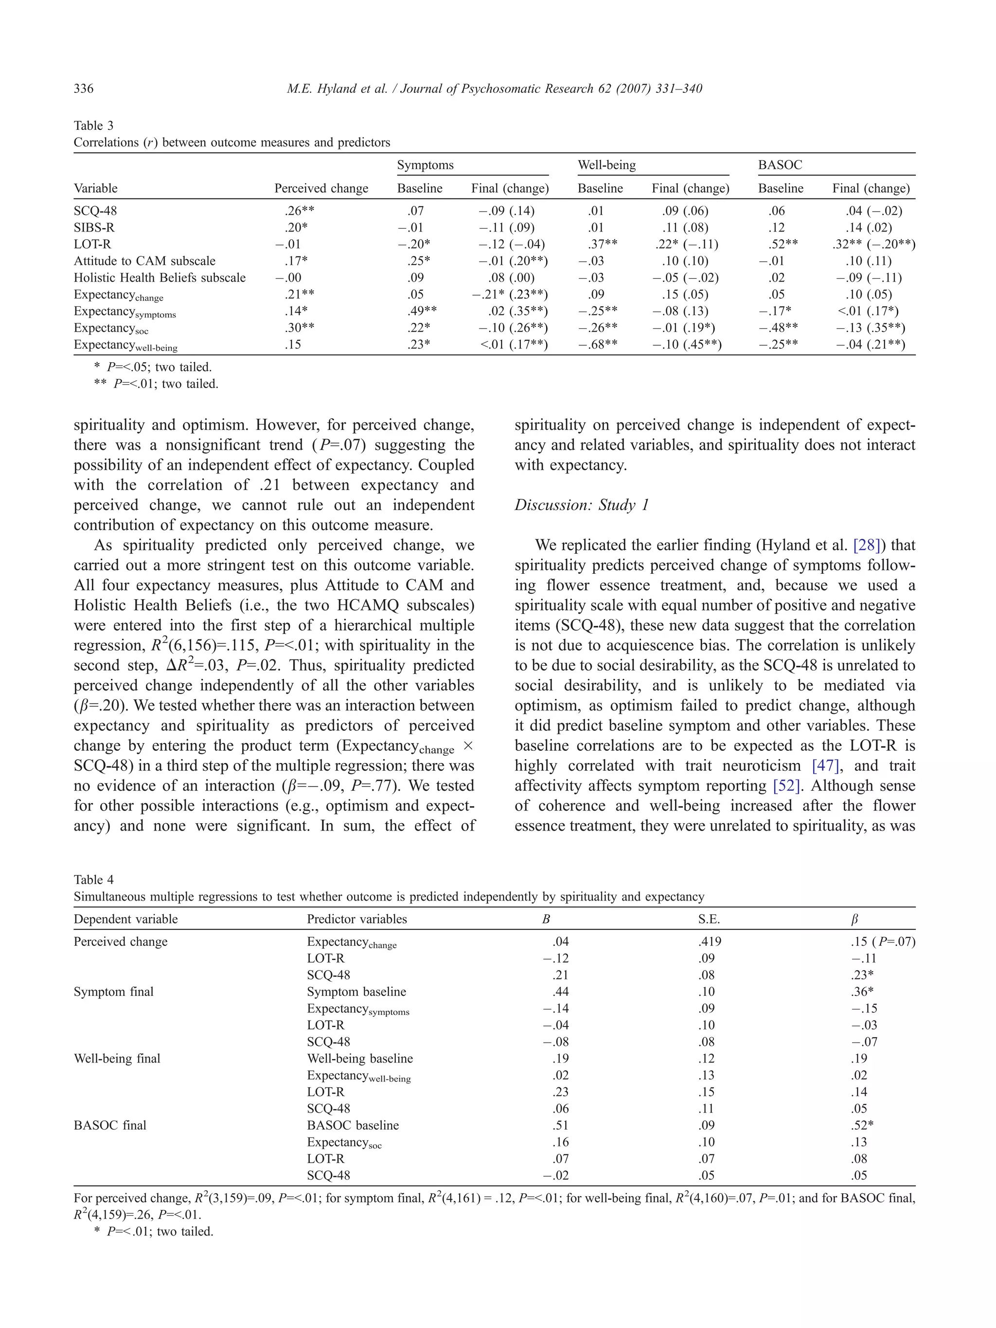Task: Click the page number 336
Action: [84, 89]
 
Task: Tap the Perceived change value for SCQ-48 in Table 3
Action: [299, 211]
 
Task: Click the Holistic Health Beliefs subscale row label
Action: [160, 277]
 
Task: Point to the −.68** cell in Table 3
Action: [600, 345]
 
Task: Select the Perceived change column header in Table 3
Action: [321, 189]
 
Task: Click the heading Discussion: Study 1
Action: [581, 505]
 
